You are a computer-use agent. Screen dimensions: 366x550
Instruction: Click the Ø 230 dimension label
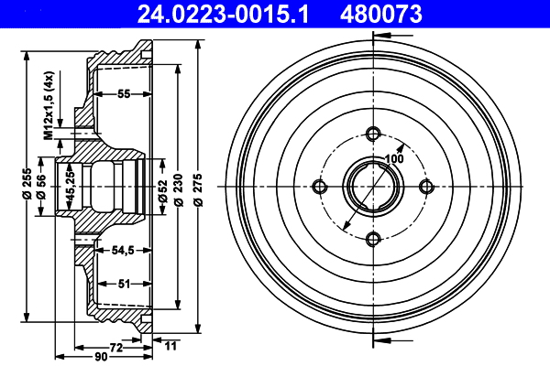176,187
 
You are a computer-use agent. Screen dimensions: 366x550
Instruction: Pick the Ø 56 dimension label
42,199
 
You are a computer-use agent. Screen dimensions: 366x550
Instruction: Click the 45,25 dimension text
71,187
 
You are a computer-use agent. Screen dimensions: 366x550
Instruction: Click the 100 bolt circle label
394,159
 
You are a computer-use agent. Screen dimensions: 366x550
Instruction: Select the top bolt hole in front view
372,134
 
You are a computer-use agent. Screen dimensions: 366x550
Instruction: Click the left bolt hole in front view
320,187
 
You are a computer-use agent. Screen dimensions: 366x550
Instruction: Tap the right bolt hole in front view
425,187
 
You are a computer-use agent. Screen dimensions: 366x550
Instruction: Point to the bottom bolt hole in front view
372,239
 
